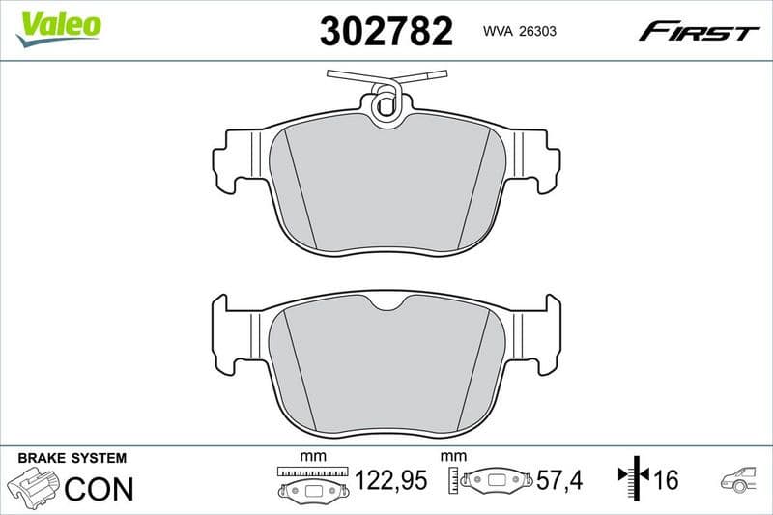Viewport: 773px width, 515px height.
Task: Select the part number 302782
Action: point(386,32)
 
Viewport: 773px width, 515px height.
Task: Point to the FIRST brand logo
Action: point(699,32)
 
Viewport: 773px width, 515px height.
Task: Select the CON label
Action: point(98,488)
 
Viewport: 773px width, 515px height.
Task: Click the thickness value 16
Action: point(667,480)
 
